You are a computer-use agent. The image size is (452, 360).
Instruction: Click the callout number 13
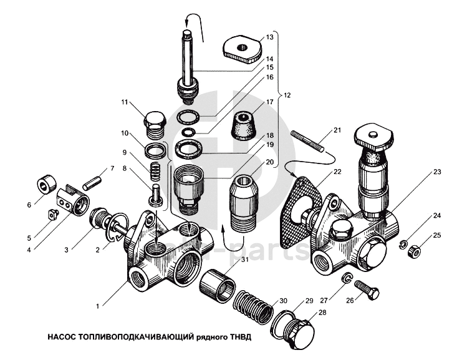(x=269, y=37)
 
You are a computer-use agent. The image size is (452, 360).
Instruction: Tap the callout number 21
(x=337, y=130)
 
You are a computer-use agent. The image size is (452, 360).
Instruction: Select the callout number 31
(x=244, y=260)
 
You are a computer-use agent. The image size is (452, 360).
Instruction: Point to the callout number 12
(x=287, y=95)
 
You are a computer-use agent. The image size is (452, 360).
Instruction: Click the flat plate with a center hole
(x=243, y=49)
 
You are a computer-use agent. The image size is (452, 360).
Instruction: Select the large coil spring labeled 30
(x=253, y=308)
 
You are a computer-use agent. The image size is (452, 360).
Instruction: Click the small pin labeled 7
(x=92, y=183)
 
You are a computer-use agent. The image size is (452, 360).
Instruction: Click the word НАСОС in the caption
(x=61, y=337)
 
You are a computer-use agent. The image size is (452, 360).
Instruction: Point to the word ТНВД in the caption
(x=241, y=337)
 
